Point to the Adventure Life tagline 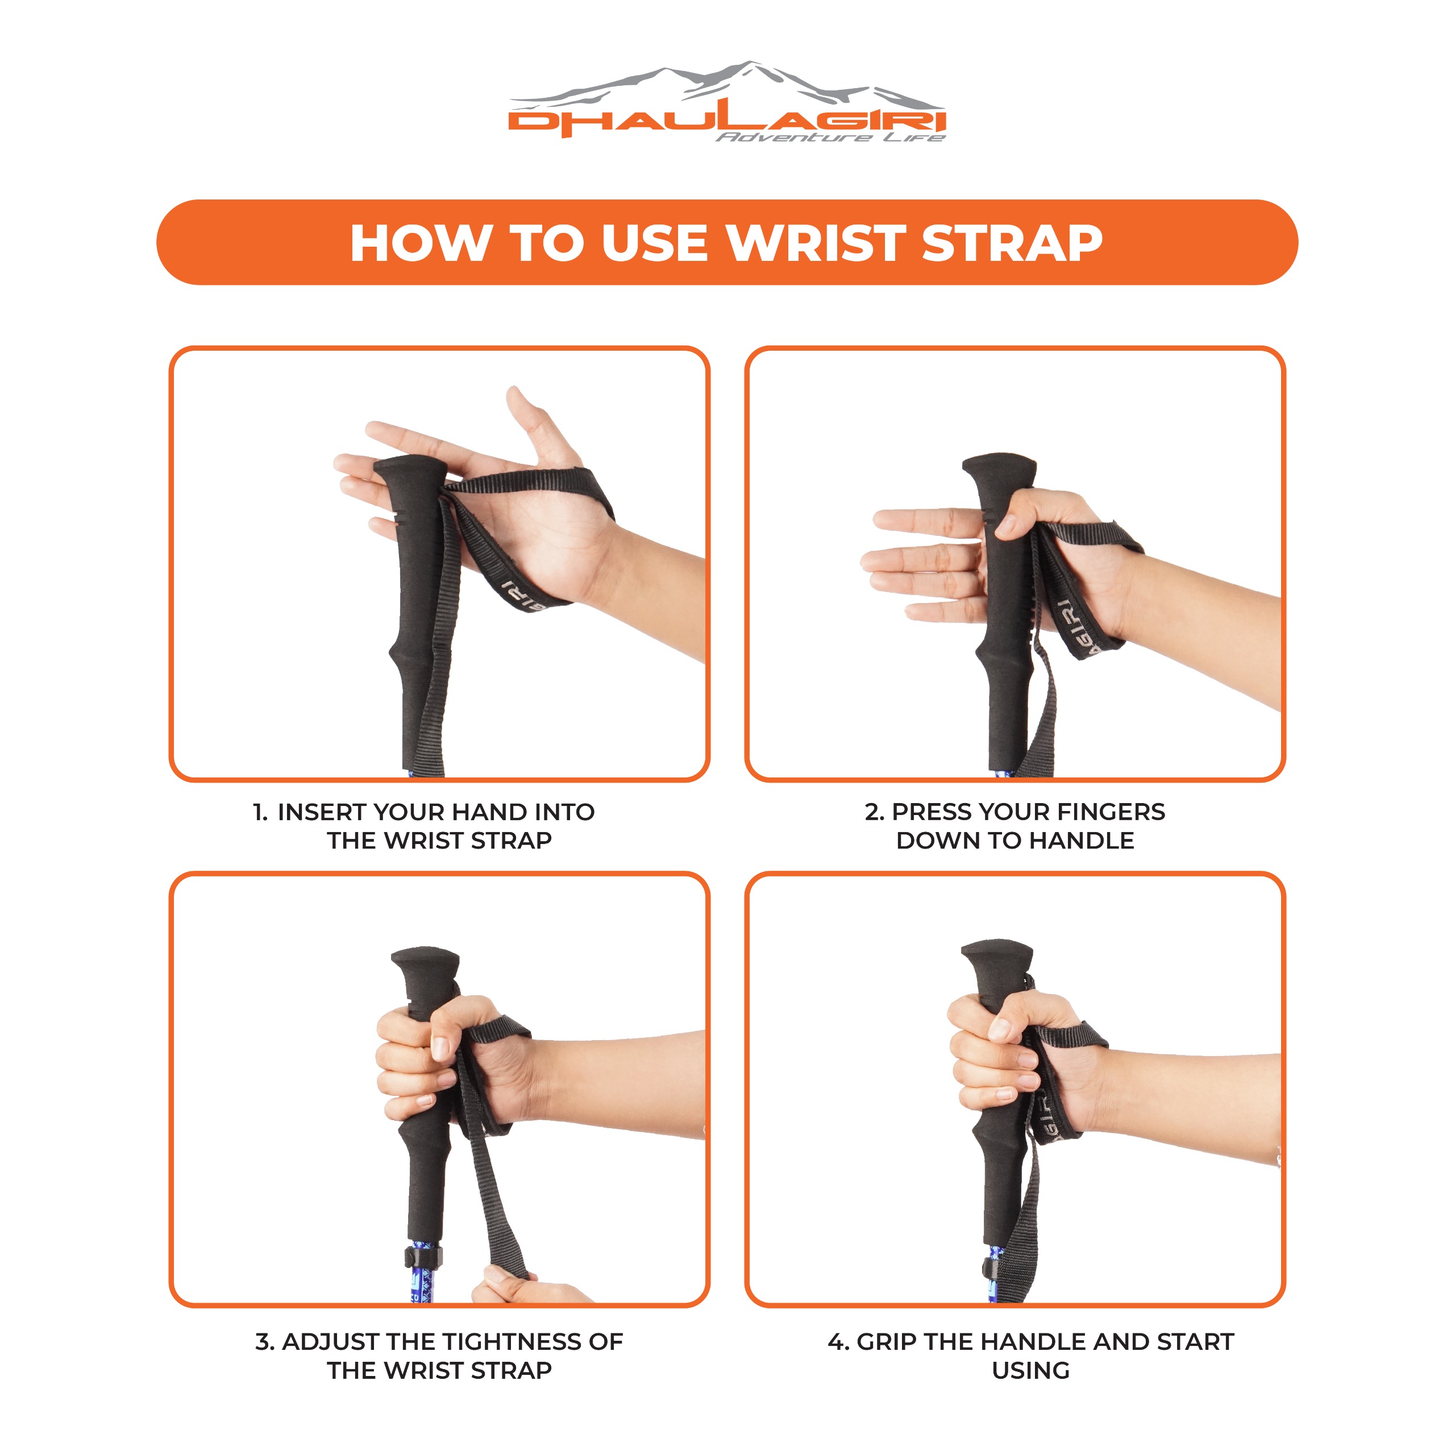tap(829, 137)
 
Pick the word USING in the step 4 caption tap(1030, 1370)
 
